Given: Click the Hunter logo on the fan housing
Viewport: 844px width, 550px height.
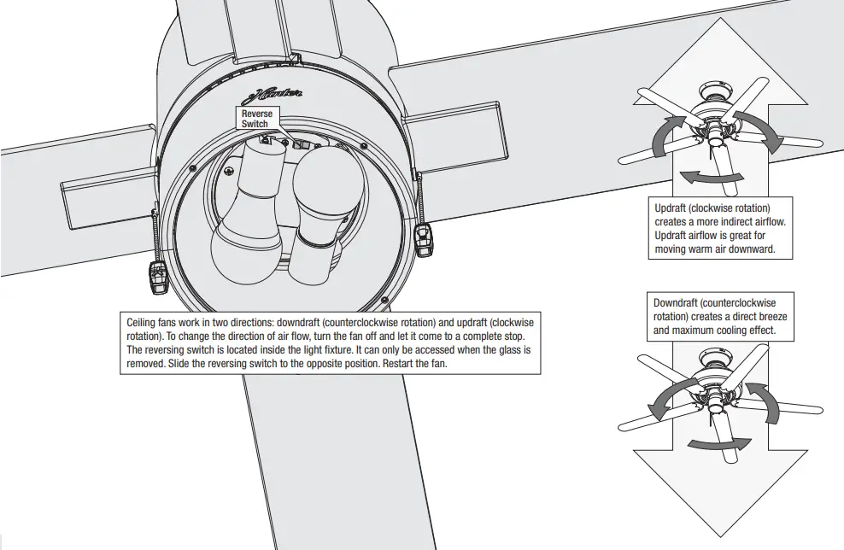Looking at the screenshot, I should point(278,96).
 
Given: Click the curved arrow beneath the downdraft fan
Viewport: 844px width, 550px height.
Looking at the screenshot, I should point(719,442).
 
